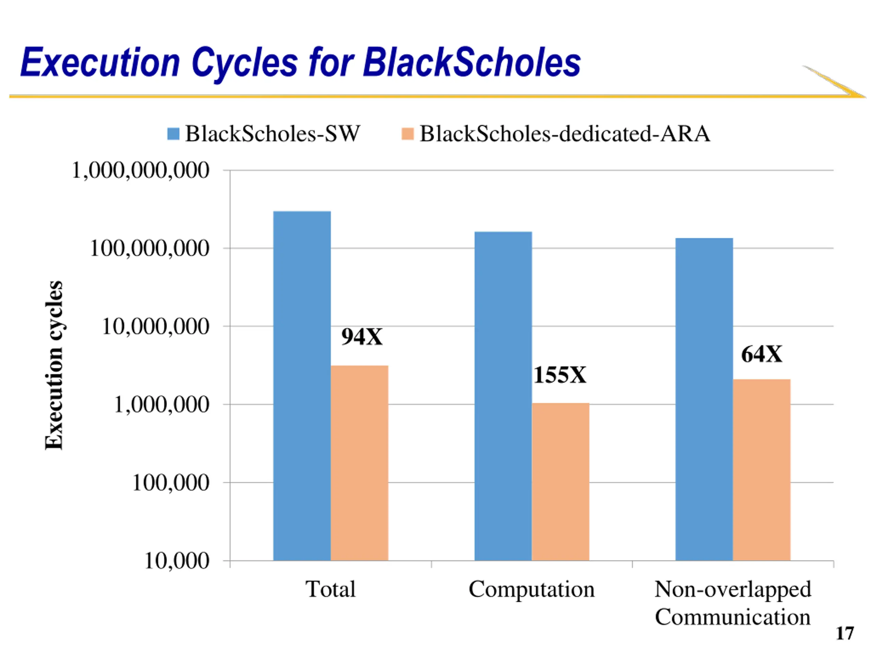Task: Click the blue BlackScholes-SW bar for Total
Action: pyautogui.click(x=302, y=386)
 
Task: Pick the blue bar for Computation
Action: pyautogui.click(x=503, y=396)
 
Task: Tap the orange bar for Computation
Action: pyautogui.click(x=560, y=481)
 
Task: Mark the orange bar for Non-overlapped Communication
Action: pyautogui.click(x=761, y=470)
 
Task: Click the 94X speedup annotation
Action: pyautogui.click(x=361, y=337)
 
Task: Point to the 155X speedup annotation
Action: pyautogui.click(x=560, y=375)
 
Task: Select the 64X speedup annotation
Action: pyautogui.click(x=761, y=354)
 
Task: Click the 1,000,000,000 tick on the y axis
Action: pyautogui.click(x=140, y=171)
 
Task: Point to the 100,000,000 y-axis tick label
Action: pyautogui.click(x=150, y=249)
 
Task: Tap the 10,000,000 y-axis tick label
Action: pyautogui.click(x=155, y=327)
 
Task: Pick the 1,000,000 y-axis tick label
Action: pyautogui.click(x=162, y=405)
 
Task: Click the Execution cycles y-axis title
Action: pyautogui.click(x=54, y=365)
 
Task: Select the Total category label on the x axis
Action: pyautogui.click(x=330, y=589)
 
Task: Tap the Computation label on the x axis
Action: pyautogui.click(x=531, y=589)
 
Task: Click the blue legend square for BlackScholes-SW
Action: pyautogui.click(x=173, y=134)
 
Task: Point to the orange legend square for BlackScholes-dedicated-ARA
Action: pyautogui.click(x=408, y=134)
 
